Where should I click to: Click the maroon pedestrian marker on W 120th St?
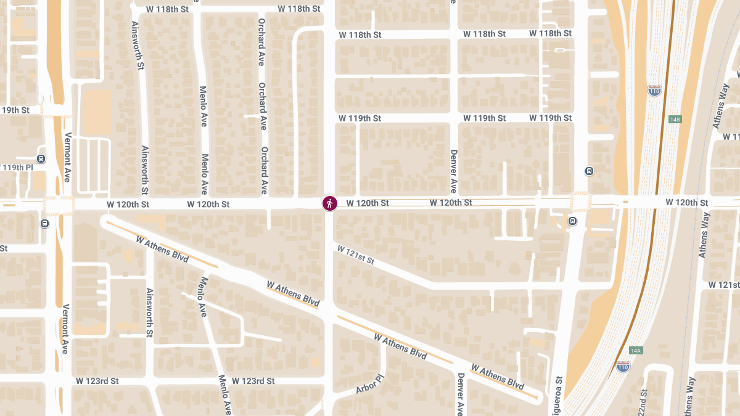(x=330, y=203)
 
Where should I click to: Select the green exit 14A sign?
(x=636, y=351)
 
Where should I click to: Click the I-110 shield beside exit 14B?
(x=654, y=91)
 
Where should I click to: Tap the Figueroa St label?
(x=559, y=395)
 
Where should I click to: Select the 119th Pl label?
(x=17, y=168)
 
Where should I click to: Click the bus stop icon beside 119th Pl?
(x=41, y=158)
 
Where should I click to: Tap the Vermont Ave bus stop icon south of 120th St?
(x=44, y=224)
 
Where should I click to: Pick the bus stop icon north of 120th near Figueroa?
(x=589, y=171)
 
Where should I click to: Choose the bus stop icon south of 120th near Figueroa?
(x=573, y=221)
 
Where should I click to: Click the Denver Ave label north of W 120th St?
(x=454, y=171)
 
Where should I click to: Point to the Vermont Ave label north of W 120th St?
(x=67, y=158)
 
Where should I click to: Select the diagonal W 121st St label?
(x=355, y=255)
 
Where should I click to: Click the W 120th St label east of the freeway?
(x=686, y=203)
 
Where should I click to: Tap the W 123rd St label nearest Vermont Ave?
(x=97, y=381)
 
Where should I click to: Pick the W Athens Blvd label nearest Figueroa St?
(x=498, y=376)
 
